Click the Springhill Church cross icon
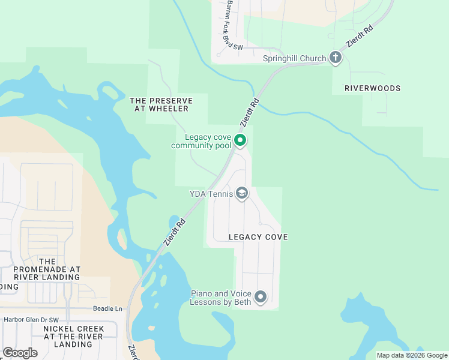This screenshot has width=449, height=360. click(336, 58)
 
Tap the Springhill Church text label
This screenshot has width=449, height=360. click(294, 58)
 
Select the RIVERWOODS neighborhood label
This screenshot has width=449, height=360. click(372, 88)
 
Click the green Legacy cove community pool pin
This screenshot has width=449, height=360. click(240, 140)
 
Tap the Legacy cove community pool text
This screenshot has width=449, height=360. click(201, 141)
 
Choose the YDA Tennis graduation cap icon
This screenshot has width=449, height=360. click(242, 193)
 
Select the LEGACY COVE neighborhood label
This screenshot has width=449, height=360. click(258, 237)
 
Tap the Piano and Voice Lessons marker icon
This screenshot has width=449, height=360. click(261, 297)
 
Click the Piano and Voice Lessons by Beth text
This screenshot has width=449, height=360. click(220, 298)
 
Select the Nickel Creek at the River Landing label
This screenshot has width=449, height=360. click(73, 337)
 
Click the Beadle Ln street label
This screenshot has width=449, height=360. click(107, 308)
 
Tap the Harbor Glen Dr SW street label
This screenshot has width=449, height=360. click(29, 320)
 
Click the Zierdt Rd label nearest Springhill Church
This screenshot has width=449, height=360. click(360, 37)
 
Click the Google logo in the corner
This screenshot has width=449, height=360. click(20, 353)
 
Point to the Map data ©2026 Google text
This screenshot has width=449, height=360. click(411, 355)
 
